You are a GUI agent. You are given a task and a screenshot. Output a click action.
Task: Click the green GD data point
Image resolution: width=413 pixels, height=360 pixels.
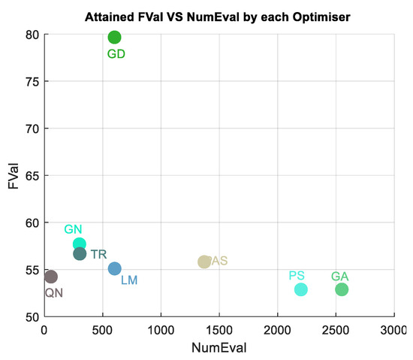pyautogui.click(x=114, y=37)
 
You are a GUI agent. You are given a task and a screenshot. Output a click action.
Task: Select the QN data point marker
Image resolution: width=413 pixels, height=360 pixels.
pyautogui.click(x=50, y=277)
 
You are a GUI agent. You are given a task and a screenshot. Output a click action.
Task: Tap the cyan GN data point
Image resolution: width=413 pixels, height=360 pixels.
pyautogui.click(x=80, y=244)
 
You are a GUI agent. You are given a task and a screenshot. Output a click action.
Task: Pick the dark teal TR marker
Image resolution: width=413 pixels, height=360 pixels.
pyautogui.click(x=80, y=254)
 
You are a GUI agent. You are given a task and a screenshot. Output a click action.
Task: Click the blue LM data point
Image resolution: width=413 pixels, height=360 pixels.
pyautogui.click(x=114, y=268)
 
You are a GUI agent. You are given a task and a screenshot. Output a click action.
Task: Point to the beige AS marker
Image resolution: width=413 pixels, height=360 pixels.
pyautogui.click(x=204, y=262)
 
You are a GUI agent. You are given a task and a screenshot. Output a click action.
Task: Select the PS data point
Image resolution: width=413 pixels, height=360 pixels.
pyautogui.click(x=300, y=289)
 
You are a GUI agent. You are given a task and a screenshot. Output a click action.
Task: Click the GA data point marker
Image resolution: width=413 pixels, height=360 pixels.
pyautogui.click(x=342, y=289)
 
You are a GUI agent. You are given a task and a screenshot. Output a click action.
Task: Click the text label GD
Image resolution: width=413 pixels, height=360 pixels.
pyautogui.click(x=116, y=54)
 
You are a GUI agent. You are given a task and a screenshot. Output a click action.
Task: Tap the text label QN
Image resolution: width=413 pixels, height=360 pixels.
pyautogui.click(x=53, y=293)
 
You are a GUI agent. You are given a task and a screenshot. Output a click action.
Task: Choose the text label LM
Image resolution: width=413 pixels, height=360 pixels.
pyautogui.click(x=129, y=280)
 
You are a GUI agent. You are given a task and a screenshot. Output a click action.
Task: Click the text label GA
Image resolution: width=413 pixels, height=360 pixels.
pyautogui.click(x=340, y=277)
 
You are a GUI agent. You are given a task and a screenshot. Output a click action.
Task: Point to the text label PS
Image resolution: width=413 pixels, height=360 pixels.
pyautogui.click(x=297, y=277)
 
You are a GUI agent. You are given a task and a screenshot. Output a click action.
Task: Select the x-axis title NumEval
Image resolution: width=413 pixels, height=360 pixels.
pyautogui.click(x=219, y=349)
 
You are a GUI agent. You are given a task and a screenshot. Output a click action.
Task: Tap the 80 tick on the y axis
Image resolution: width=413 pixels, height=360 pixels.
pyautogui.click(x=31, y=34)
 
